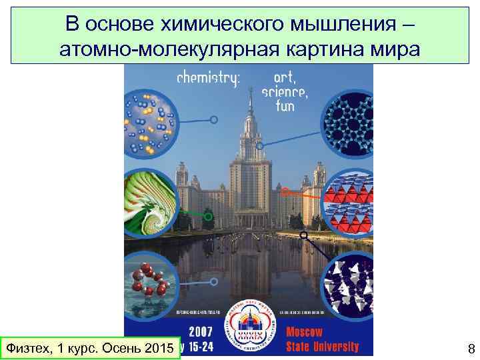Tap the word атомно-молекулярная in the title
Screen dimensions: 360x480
tap(169, 49)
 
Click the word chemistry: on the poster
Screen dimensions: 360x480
tap(208, 78)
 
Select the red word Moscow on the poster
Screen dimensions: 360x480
tap(304, 331)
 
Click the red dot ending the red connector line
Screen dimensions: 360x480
tap(285, 192)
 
